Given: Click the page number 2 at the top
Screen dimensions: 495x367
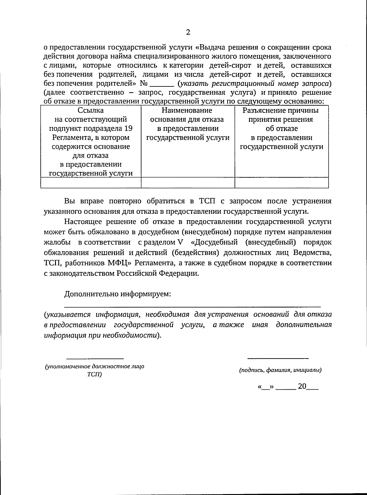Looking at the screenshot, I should tap(188, 32).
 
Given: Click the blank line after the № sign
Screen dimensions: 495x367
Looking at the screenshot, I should tap(162, 86).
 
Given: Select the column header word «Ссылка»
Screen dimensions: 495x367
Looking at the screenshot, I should tap(91, 110).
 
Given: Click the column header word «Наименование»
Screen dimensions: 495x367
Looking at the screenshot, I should tap(187, 110).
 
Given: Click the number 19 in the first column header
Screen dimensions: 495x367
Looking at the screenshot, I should tap(128, 128).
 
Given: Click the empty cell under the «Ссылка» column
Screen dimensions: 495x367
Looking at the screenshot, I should tap(91, 183).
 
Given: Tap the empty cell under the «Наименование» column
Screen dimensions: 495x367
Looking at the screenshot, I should tap(187, 183).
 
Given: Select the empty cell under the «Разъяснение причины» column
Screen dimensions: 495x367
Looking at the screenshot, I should tap(281, 183).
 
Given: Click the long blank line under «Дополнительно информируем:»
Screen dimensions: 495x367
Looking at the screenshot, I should tap(193, 306).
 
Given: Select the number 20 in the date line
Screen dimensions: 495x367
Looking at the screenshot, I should tap(302, 386).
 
